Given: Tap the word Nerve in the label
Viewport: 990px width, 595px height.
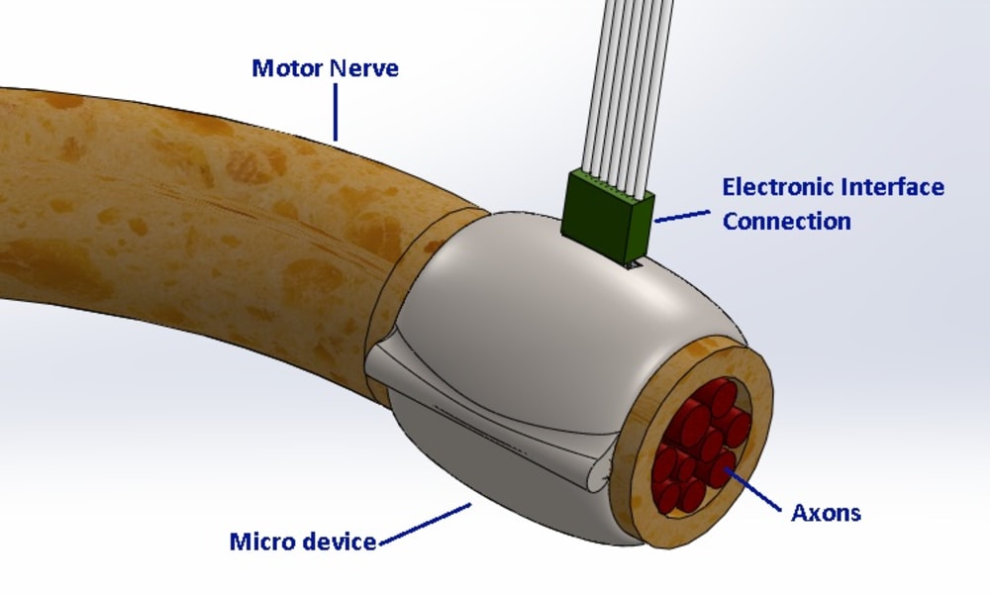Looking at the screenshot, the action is tap(364, 67).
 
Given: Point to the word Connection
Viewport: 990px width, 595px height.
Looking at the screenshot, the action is tap(787, 221).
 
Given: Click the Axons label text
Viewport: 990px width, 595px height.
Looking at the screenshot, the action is tap(826, 512).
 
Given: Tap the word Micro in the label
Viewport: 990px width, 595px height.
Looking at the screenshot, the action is tap(263, 542).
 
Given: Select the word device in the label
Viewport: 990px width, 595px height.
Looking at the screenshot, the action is tap(340, 542).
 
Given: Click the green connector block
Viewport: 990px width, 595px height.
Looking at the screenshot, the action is tap(608, 215).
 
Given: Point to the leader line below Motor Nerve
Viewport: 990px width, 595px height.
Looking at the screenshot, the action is tap(336, 112).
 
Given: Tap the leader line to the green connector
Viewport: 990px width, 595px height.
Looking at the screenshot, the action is tap(682, 216).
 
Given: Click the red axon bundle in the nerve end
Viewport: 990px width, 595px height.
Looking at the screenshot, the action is tap(702, 446).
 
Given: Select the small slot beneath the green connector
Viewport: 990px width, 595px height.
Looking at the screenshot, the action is tap(634, 266).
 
